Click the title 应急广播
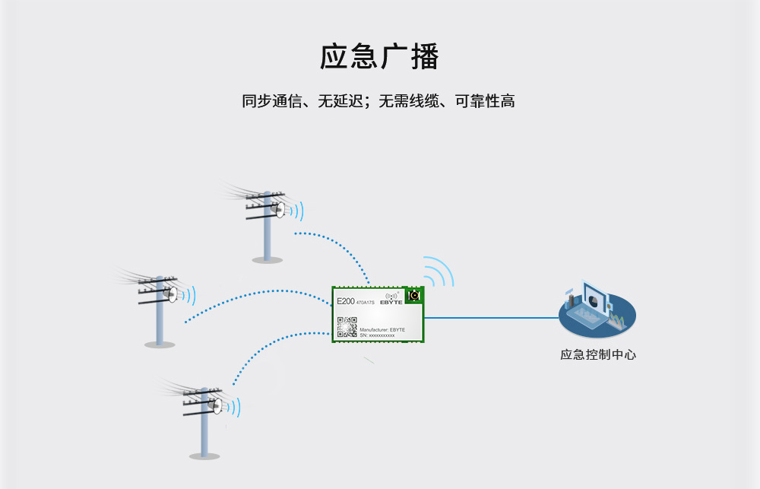pyautogui.click(x=379, y=57)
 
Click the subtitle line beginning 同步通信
pyautogui.click(x=378, y=101)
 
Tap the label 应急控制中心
pyautogui.click(x=597, y=354)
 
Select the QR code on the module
pyautogui.click(x=347, y=327)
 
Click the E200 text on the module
pyautogui.click(x=345, y=301)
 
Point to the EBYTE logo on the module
pyautogui.click(x=392, y=299)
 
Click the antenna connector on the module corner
pyautogui.click(x=414, y=295)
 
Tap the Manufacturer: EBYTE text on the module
pyautogui.click(x=382, y=329)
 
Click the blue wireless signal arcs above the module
pyautogui.click(x=439, y=271)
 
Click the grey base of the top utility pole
pyautogui.click(x=268, y=259)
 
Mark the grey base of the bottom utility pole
pyautogui.click(x=204, y=456)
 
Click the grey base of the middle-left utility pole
pyautogui.click(x=160, y=345)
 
